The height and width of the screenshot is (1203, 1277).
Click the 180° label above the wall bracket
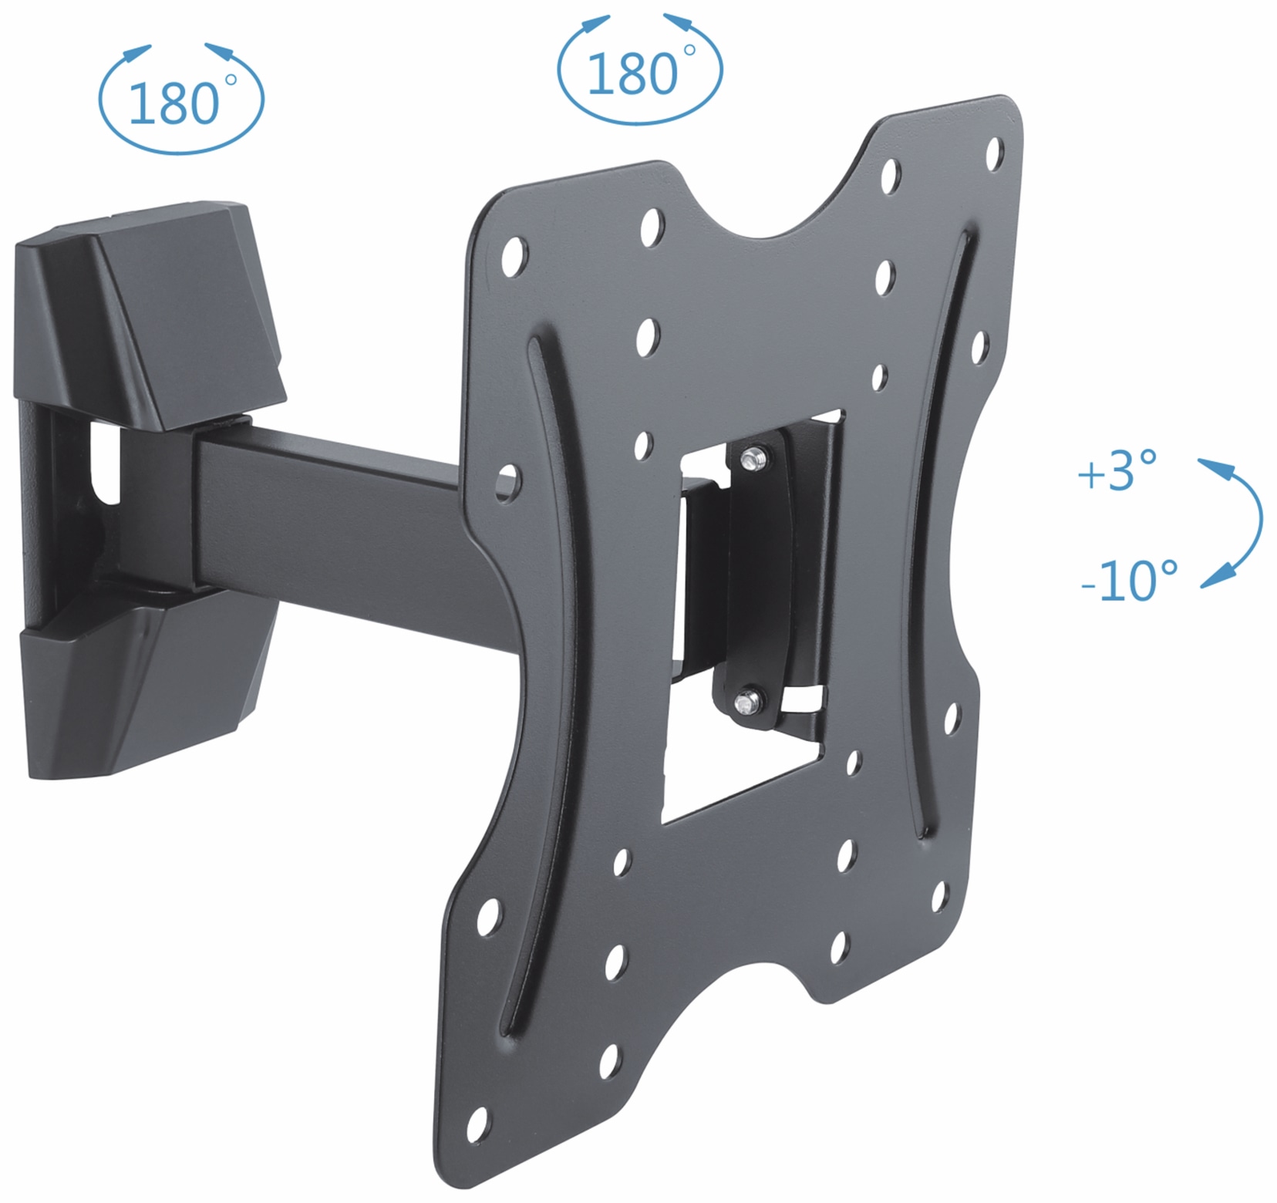[176, 103]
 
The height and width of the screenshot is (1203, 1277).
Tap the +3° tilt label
[1117, 471]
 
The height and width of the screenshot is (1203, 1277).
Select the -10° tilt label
[1129, 581]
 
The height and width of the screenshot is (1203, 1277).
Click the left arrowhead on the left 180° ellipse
[139, 52]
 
